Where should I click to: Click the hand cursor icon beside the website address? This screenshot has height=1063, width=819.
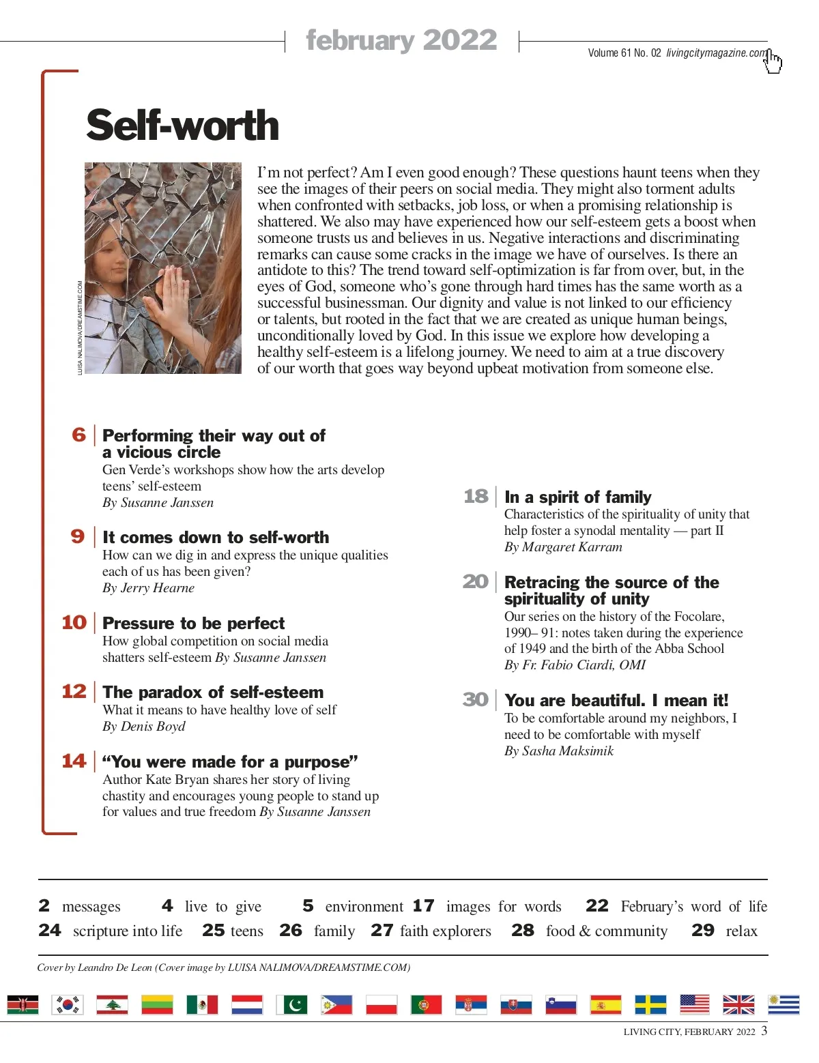click(x=773, y=61)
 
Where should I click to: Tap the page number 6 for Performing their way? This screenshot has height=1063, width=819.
click(x=79, y=435)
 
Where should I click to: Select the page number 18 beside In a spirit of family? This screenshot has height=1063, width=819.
click(x=476, y=496)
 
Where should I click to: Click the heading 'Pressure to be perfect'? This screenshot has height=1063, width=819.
click(x=193, y=623)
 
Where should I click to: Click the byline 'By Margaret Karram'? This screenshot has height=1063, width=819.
click(x=563, y=547)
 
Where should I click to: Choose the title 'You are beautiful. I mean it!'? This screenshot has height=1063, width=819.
click(x=616, y=701)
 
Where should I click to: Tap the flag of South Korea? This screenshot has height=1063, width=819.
click(x=68, y=1004)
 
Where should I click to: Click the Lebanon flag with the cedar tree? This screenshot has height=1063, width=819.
click(x=112, y=1004)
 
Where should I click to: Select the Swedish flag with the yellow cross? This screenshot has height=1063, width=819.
click(x=650, y=1004)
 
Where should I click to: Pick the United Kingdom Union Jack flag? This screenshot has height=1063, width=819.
click(x=738, y=1004)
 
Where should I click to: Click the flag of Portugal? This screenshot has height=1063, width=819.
click(x=426, y=1004)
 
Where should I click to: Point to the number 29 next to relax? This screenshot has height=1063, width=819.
click(x=703, y=931)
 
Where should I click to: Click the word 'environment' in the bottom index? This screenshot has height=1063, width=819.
click(x=364, y=907)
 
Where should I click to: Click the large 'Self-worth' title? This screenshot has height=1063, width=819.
click(x=183, y=126)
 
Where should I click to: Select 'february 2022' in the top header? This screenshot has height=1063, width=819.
click(x=401, y=40)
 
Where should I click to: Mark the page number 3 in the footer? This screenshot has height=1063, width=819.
click(x=764, y=1030)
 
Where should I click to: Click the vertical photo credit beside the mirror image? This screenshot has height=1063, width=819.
click(x=80, y=327)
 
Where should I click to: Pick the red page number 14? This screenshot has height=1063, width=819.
click(x=74, y=761)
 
